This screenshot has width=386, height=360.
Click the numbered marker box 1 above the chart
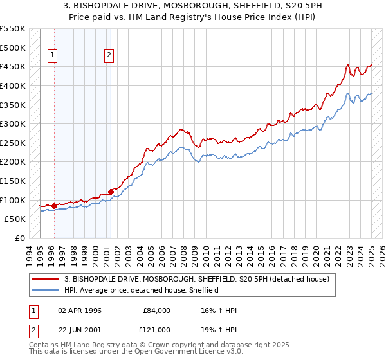[52, 56]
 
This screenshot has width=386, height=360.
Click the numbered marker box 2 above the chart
[109, 56]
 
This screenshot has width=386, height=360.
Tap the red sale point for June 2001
[111, 191]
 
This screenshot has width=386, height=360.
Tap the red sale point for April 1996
[54, 206]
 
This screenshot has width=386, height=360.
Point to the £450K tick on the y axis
[13, 67]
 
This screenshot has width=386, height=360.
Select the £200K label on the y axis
[13, 162]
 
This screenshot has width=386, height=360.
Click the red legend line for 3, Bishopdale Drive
[46, 279]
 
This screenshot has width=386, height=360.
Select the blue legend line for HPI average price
[46, 290]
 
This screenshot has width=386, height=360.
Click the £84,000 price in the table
[157, 310]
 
